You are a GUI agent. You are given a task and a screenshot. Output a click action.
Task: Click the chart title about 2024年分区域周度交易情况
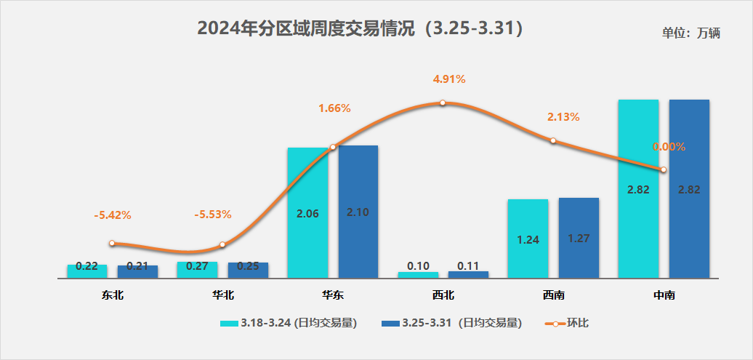(x=361, y=29)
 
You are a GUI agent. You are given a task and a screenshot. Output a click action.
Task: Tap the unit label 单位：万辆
(x=690, y=33)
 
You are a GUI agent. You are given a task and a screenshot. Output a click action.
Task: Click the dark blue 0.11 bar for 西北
(x=468, y=274)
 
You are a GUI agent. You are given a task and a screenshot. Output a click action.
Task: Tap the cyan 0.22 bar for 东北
(x=87, y=270)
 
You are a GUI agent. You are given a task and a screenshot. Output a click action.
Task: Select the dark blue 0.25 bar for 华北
(x=248, y=269)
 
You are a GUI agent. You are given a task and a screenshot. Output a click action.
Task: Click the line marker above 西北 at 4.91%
(x=443, y=103)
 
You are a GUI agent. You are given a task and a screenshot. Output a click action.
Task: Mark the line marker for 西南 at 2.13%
(x=553, y=140)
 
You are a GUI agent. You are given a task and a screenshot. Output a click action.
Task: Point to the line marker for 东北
(x=112, y=243)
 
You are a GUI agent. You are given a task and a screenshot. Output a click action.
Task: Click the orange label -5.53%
(x=212, y=215)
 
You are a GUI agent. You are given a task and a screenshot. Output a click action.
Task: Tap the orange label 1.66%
(x=334, y=108)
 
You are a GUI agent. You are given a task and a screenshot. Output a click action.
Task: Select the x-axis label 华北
(x=222, y=295)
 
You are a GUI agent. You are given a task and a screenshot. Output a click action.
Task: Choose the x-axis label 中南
(x=664, y=295)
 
